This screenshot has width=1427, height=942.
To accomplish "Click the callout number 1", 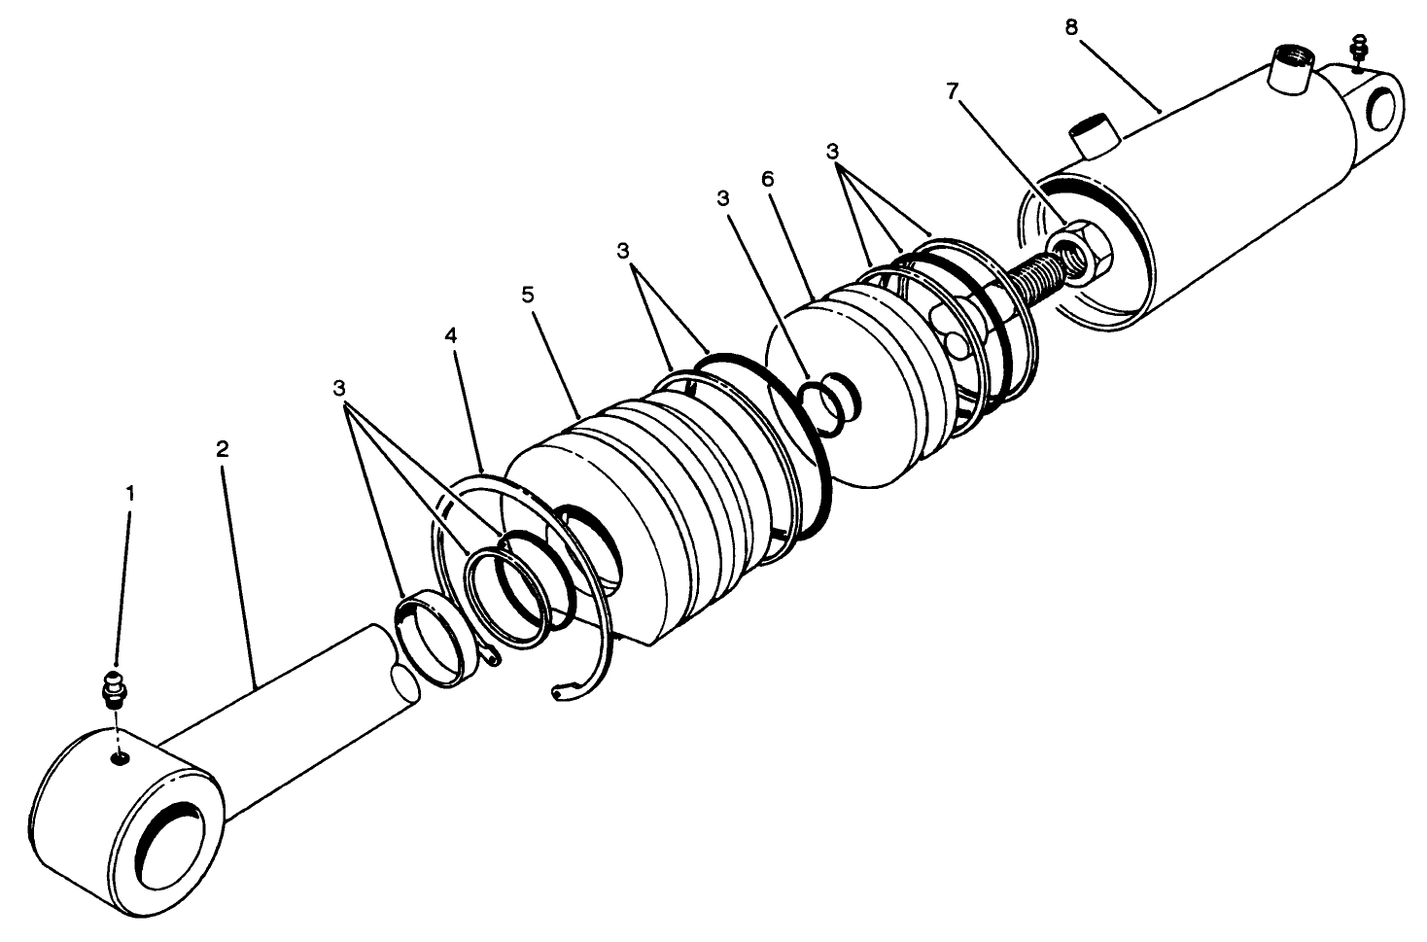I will tap(129, 493).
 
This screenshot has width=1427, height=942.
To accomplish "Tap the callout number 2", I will tap(223, 449).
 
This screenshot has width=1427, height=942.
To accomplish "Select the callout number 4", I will tap(450, 335).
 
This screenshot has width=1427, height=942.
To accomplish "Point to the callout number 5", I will tap(528, 295).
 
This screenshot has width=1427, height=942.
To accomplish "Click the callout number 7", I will tap(952, 91).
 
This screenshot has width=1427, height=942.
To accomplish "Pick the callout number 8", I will tap(1070, 27).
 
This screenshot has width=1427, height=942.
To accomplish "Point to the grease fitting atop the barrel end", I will tap(1360, 50).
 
